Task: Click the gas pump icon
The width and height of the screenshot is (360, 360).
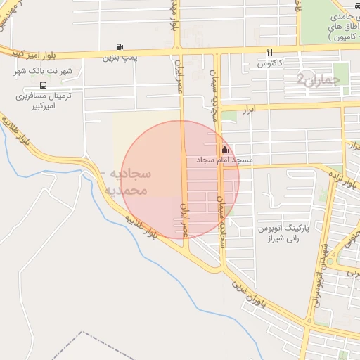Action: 120,48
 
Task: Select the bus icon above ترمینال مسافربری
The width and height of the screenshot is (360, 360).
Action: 44,84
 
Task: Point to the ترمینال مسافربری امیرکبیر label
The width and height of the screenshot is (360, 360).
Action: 44,101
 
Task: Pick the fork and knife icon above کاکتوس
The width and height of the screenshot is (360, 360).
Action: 269,53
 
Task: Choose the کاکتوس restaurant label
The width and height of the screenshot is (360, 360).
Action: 269,64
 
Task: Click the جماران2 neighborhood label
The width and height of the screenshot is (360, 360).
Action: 318,79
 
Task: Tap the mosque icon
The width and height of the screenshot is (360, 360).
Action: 224,149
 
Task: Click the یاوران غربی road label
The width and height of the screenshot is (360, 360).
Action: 252,296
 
